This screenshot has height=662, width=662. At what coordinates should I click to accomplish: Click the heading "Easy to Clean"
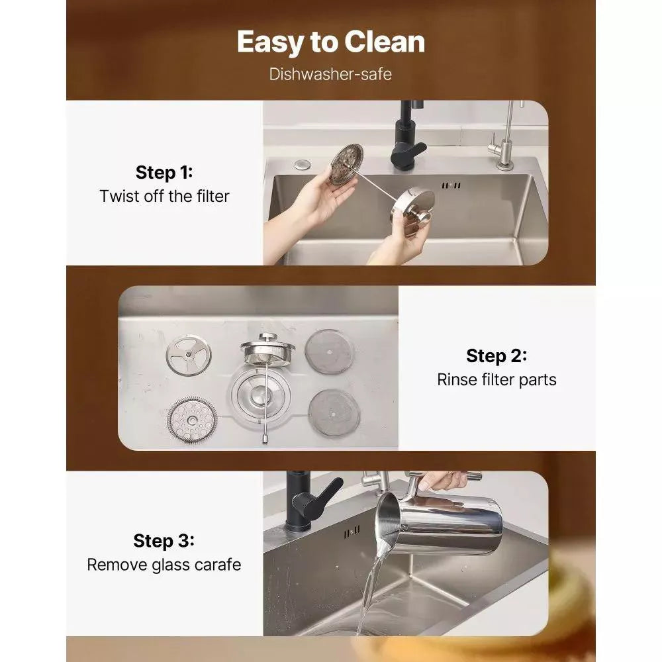point(330,42)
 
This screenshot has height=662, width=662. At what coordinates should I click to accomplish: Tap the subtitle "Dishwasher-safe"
point(330,74)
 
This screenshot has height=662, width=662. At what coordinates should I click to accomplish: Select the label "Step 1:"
point(164,172)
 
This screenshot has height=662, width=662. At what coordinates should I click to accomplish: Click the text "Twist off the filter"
point(164,197)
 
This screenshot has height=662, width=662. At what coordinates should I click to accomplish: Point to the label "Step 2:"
point(496,356)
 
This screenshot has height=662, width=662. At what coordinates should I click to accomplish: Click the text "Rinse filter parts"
point(496,379)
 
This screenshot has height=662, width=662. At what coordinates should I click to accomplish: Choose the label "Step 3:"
point(164,541)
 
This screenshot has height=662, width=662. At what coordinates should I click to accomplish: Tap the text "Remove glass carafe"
point(164,565)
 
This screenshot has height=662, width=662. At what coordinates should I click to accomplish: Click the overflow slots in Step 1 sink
point(451,185)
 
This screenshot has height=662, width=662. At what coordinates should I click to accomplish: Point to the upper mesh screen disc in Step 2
point(329,352)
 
